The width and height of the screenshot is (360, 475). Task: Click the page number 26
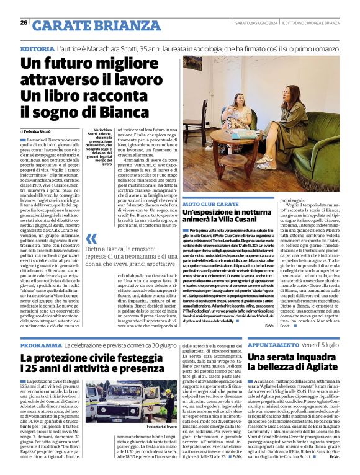point(24,22)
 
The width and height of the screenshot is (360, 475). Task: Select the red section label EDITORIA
point(37,48)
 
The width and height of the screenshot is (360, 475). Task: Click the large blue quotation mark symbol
point(91,239)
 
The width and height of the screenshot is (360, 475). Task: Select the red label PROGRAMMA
point(41,345)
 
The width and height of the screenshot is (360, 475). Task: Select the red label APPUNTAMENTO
point(276,345)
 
